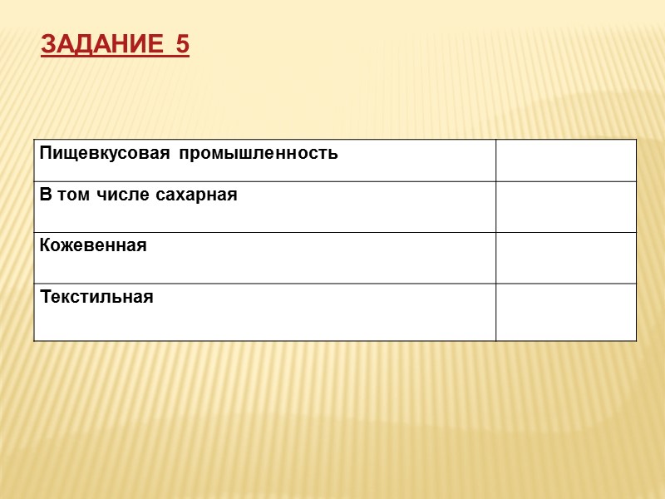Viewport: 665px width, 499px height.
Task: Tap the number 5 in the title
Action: click(x=183, y=45)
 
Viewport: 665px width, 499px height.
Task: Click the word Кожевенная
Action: click(x=92, y=245)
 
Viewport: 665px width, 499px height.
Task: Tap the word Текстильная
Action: click(x=96, y=297)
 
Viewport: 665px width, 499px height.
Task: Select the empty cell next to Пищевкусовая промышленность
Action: click(x=566, y=161)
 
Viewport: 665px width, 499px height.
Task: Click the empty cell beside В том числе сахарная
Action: click(x=566, y=207)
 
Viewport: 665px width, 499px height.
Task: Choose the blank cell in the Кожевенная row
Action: click(x=566, y=258)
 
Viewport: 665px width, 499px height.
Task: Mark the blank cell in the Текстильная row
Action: click(x=566, y=312)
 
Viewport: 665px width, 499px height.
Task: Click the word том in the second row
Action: click(x=71, y=195)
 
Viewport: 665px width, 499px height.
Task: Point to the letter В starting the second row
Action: click(x=44, y=195)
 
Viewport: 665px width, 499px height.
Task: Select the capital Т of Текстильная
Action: click(x=44, y=297)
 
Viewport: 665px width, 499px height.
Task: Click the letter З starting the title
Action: click(x=47, y=45)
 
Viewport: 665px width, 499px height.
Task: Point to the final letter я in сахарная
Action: click(x=233, y=196)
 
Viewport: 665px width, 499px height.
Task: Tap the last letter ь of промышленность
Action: click(x=334, y=154)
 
